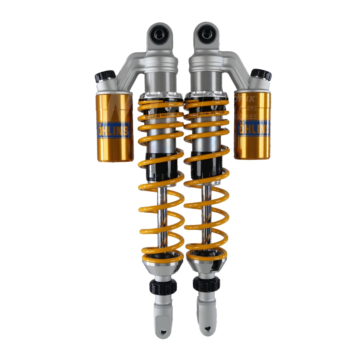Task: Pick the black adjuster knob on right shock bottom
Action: (205, 284)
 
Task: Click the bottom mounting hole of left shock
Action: (162, 331)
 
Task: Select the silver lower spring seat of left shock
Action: (162, 267)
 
